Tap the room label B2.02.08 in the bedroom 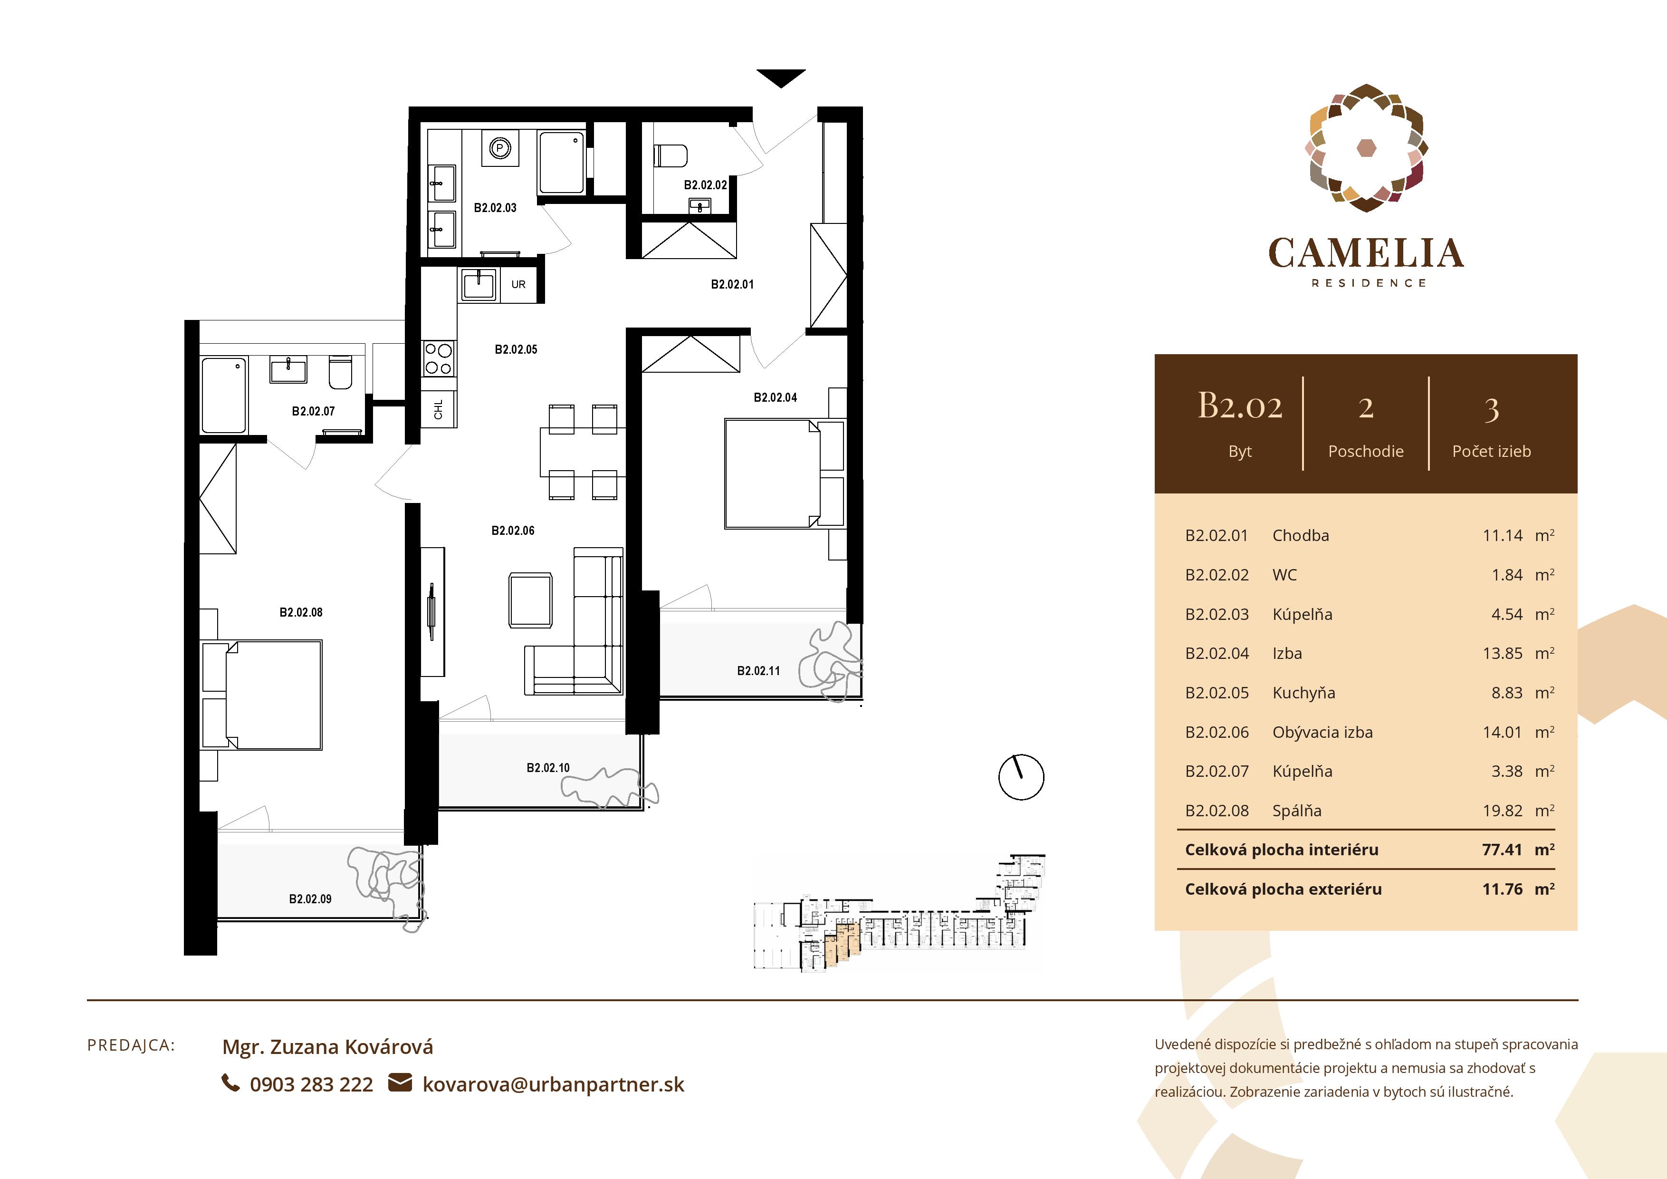301,612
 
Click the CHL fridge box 439,409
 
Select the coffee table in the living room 531,600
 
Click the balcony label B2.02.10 548,768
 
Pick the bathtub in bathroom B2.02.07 224,395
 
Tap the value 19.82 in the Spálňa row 1502,811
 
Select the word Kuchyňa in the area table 1303,693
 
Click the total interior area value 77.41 1502,850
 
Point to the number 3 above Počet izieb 1491,410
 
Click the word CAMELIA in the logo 1366,253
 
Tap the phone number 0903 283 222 311,1084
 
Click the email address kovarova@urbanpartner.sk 553,1084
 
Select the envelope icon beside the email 400,1083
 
